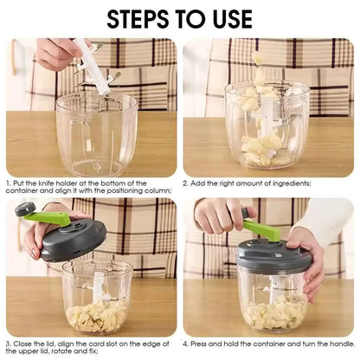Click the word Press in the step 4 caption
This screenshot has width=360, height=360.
tap(205, 344)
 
